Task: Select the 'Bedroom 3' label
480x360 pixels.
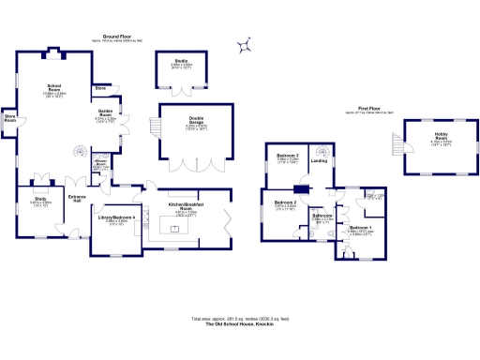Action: (x=287, y=157)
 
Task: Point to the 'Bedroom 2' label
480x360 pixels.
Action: (x=285, y=202)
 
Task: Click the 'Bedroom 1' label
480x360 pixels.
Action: (x=361, y=228)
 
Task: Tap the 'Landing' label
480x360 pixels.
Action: (x=320, y=160)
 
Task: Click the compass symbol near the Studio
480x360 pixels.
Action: (x=244, y=44)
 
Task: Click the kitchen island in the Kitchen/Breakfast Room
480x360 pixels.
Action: (x=174, y=227)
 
